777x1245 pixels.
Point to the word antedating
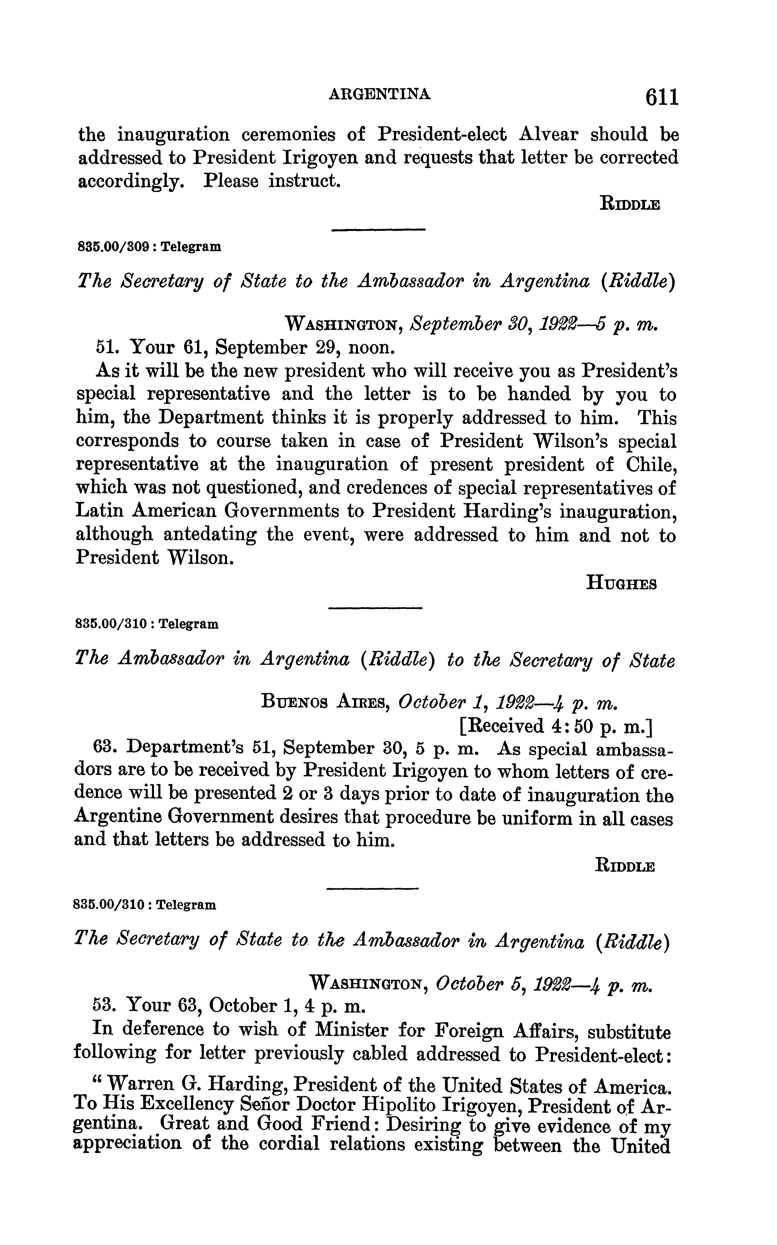(209, 535)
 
